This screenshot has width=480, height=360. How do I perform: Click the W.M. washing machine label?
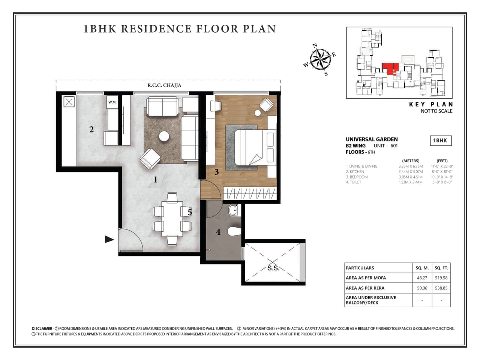point(112,102)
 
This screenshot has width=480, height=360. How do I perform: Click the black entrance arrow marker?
point(109,239)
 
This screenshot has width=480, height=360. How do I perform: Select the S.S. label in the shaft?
point(273,268)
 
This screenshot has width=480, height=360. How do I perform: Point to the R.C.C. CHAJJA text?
point(164,85)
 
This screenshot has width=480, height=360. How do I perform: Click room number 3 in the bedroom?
point(216,172)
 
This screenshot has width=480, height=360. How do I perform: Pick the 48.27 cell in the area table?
point(422,278)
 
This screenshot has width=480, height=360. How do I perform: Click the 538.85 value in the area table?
point(441,288)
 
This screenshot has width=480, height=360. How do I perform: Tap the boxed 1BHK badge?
point(440,141)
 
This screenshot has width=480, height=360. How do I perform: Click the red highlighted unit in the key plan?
point(390,69)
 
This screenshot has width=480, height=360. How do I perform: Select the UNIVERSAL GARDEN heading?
point(372,139)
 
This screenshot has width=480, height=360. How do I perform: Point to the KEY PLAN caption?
point(431,105)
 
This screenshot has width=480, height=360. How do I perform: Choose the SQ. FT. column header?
point(441,268)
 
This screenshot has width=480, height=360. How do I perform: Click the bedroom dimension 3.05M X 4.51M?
point(410,177)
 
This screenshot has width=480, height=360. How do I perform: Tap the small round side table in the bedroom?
point(258,113)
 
